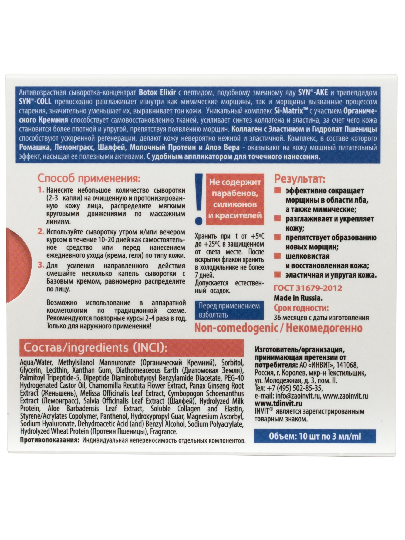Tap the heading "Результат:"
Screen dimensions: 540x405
coord(300,179)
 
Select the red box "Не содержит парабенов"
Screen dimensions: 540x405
coord(235,199)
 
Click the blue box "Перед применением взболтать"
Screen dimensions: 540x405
coord(229,310)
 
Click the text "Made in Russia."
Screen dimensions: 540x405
coord(298,298)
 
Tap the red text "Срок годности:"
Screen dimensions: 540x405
coord(302,308)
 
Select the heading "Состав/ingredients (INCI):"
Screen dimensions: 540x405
coord(94,348)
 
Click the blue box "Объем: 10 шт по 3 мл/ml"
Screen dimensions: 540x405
coord(315,437)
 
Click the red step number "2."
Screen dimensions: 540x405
coord(41,232)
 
